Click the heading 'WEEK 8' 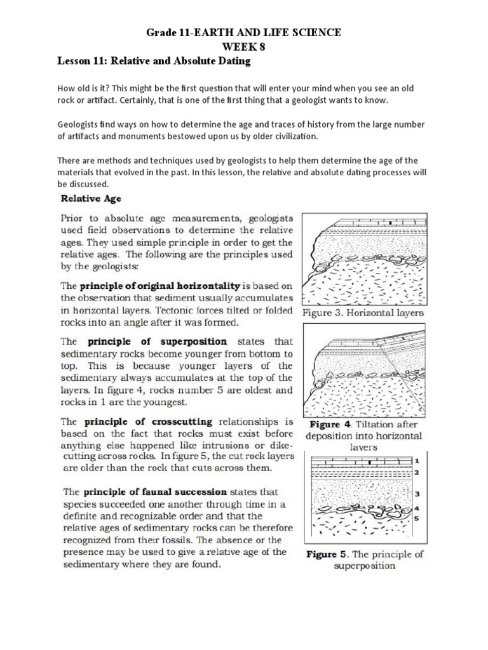[x=244, y=46]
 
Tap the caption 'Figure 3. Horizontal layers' [x=363, y=313]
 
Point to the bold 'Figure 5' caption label [x=327, y=554]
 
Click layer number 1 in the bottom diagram [x=417, y=460]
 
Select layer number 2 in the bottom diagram [x=417, y=473]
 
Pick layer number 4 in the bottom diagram [x=417, y=508]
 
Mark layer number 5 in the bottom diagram [x=417, y=519]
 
